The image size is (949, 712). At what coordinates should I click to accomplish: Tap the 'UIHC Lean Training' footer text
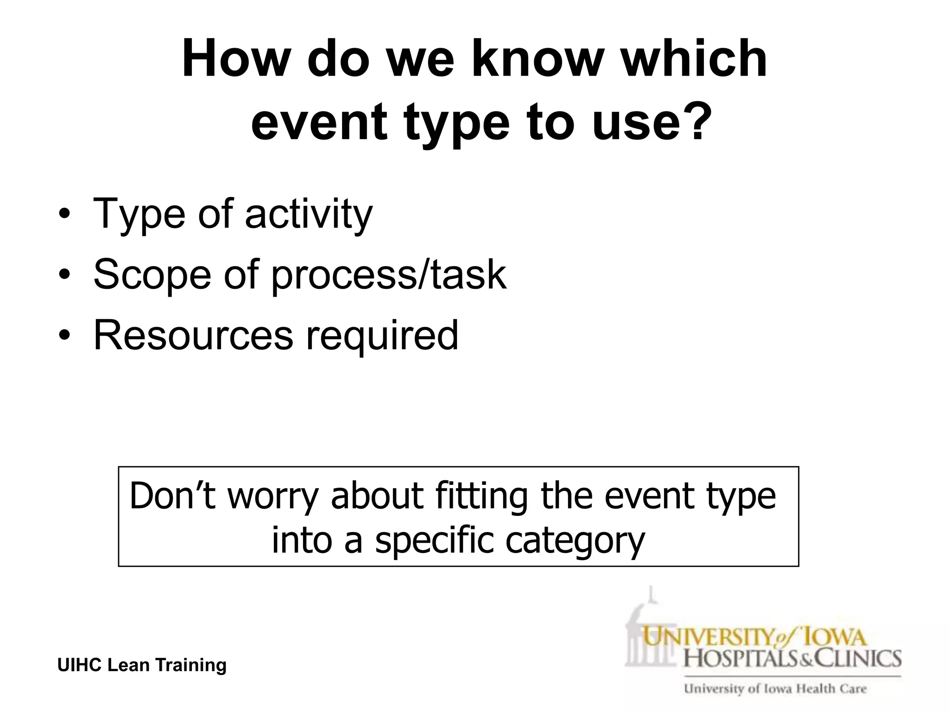tap(142, 665)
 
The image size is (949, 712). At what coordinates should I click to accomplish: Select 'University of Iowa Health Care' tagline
tap(775, 689)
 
